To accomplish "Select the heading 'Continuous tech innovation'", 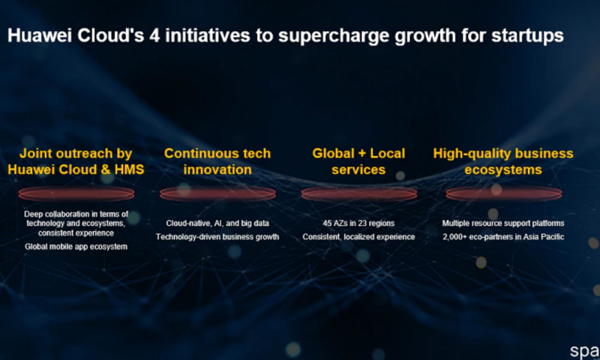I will tap(217, 161).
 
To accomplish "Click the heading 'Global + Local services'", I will tap(358, 161).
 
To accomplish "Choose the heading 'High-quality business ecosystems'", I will tap(503, 161).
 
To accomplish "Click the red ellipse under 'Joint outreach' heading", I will tap(76, 194).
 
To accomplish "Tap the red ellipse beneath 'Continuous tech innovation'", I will tap(217, 194).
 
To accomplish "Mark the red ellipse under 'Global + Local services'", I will tap(359, 194).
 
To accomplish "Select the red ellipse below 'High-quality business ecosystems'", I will tap(503, 194).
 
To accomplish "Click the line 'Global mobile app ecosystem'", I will tap(76, 247).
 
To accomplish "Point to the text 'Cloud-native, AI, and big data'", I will tap(217, 223).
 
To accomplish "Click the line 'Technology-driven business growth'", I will tap(217, 237).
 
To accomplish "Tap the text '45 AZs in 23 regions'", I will tap(359, 223).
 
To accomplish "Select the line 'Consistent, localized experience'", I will tap(359, 237).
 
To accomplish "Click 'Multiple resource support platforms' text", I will tap(503, 223).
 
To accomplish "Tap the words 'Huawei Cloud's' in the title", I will tap(62, 36).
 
